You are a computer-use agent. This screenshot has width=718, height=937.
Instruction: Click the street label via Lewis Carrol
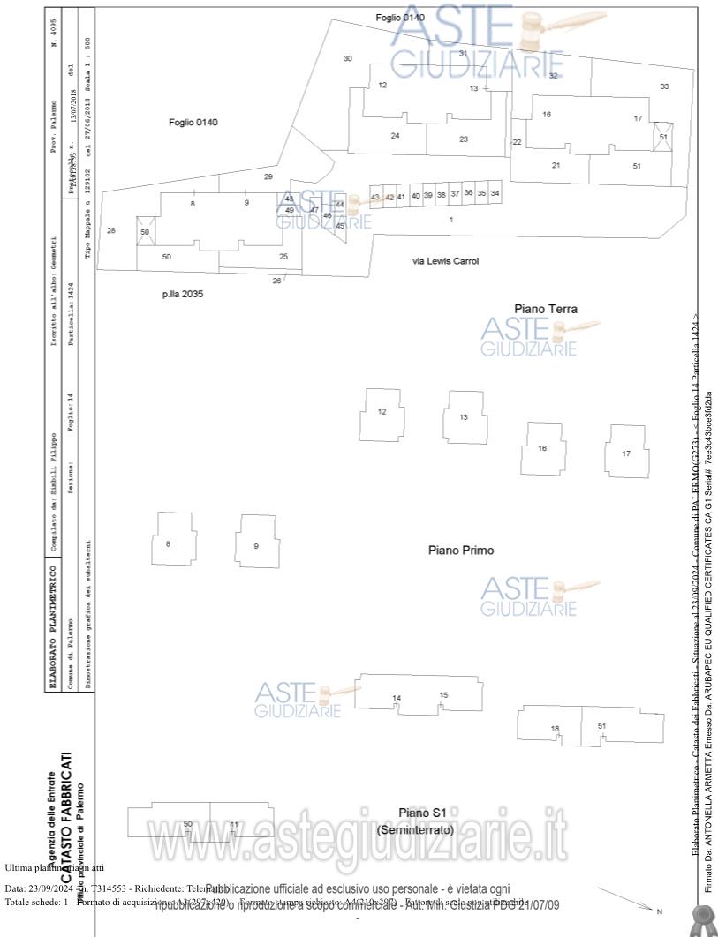446,261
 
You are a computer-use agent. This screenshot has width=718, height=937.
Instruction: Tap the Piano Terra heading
546,309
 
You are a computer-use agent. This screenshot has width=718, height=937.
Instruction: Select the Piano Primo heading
461,551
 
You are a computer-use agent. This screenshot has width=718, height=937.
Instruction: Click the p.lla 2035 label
182,294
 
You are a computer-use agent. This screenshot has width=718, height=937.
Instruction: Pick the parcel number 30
348,58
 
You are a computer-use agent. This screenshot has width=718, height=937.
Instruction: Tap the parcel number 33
664,86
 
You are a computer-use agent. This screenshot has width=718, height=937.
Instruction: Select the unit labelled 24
395,135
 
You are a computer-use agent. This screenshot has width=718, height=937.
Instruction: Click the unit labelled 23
464,139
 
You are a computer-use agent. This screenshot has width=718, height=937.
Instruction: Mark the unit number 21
556,165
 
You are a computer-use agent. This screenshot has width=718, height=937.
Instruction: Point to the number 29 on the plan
268,177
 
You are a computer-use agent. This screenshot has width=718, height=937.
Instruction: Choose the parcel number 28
111,230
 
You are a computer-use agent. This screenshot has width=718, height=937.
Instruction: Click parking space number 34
495,193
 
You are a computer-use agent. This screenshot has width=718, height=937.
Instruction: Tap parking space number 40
415,196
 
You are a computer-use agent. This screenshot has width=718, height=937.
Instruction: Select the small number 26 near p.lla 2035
276,281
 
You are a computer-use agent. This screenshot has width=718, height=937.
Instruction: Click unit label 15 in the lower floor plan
443,695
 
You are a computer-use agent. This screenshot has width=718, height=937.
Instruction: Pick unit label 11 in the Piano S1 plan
234,825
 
